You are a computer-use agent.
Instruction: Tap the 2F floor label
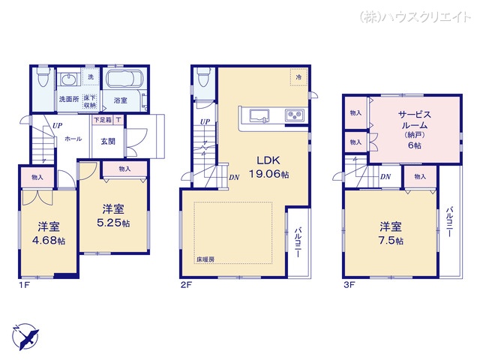tap(186, 285)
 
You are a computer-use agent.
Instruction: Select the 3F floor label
tap(349, 285)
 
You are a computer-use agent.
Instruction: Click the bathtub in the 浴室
tap(124, 80)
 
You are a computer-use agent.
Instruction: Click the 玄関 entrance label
tap(107, 140)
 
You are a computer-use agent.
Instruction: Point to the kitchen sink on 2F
tap(259, 115)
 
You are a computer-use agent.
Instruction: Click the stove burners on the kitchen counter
tap(293, 115)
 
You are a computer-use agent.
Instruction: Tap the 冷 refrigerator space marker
tap(298, 76)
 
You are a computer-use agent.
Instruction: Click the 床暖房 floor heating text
tap(206, 259)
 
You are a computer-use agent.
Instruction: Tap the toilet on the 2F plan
tap(202, 77)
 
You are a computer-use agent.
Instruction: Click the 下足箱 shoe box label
tap(103, 120)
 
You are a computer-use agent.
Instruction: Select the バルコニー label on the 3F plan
tap(448, 221)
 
